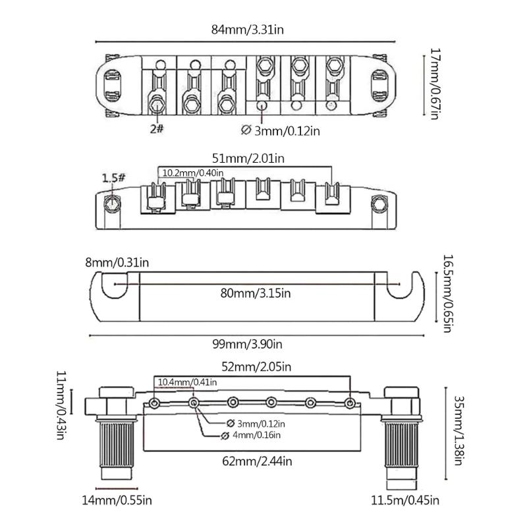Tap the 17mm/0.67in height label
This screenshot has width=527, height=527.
click(x=433, y=83)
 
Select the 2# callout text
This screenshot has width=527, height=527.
click(x=157, y=129)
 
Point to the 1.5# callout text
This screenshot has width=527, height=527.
click(x=113, y=177)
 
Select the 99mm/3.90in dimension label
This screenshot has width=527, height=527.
click(x=250, y=344)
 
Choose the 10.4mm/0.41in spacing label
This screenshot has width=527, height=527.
click(x=186, y=382)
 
